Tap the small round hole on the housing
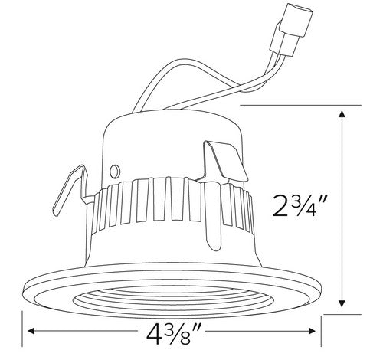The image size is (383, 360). (116, 169)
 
